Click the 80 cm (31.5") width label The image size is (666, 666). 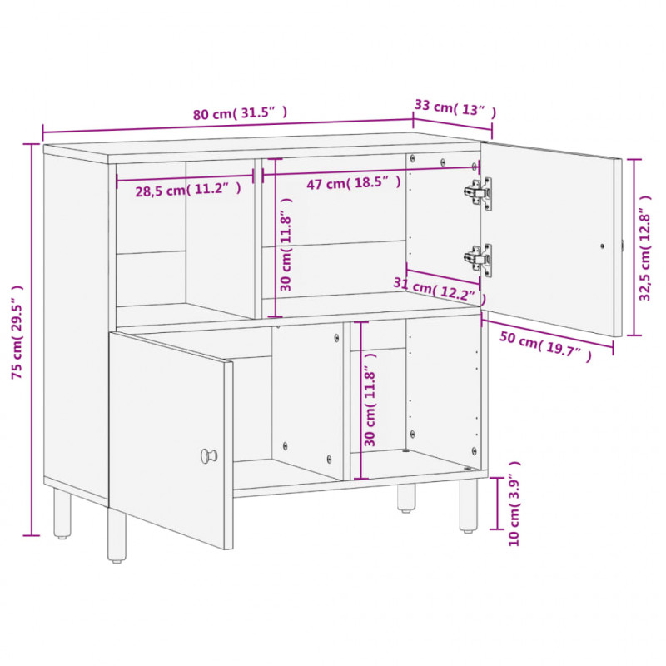(x=240, y=113)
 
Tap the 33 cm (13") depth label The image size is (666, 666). (x=455, y=108)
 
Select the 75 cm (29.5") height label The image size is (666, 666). (x=17, y=332)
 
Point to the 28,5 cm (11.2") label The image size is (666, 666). (x=188, y=190)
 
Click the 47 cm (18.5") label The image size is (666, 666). (x=354, y=183)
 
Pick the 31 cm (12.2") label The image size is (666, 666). (x=440, y=290)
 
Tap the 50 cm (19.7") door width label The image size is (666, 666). (x=545, y=345)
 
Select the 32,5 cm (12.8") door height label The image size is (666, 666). (x=645, y=248)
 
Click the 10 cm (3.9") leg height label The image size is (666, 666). (x=514, y=504)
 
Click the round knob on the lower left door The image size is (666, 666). (x=209, y=455)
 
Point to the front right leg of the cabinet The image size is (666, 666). (x=469, y=505)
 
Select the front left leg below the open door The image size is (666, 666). (x=117, y=535)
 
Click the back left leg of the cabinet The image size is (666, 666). (x=62, y=513)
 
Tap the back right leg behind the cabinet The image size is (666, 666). (x=406, y=498)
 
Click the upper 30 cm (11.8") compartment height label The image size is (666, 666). (x=286, y=244)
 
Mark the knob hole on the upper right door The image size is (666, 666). (x=602, y=246)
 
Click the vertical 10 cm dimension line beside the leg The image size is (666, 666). (x=496, y=504)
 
